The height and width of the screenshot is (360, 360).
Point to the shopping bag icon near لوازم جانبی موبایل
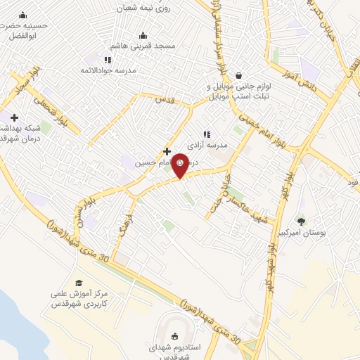click(239, 75)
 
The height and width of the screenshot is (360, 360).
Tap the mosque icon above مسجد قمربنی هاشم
click(143, 35)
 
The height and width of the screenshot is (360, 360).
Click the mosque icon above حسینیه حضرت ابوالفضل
click(22, 15)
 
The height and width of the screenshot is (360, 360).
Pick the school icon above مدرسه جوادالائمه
click(107, 60)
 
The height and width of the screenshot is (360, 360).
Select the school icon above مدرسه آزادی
click(206, 134)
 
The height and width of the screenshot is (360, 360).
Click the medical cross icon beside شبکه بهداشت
click(14, 117)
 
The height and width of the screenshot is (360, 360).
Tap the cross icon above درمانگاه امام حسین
click(167, 150)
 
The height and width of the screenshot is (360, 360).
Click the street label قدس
click(164, 101)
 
